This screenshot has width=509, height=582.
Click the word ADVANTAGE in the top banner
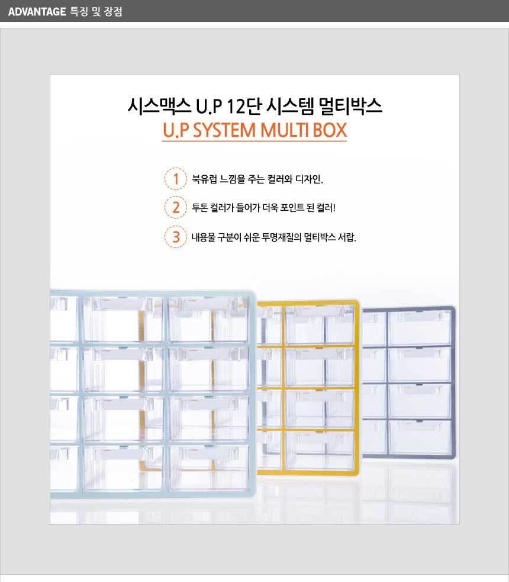37,11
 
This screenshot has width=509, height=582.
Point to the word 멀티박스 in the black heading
350,106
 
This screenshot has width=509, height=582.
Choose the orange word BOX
330,130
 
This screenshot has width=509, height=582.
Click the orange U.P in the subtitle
176,130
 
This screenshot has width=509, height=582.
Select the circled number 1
176,179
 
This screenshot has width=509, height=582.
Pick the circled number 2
176,207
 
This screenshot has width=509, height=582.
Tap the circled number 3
176,237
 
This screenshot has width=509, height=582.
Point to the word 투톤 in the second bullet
199,207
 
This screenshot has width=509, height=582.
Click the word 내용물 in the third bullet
203,237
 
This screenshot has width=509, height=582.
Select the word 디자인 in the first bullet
309,179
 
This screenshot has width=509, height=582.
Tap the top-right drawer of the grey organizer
419,328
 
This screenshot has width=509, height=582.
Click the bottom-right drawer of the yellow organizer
320,449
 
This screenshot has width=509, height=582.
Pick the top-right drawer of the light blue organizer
208,319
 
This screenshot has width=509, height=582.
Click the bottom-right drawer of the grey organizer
420,437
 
